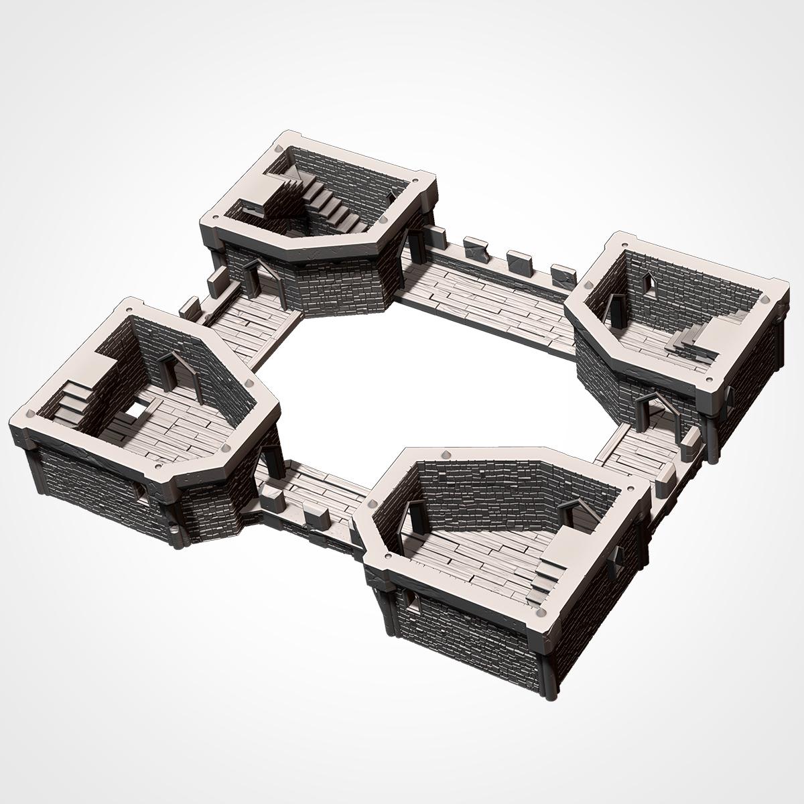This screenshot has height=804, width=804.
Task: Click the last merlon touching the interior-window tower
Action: pos(563,275)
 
